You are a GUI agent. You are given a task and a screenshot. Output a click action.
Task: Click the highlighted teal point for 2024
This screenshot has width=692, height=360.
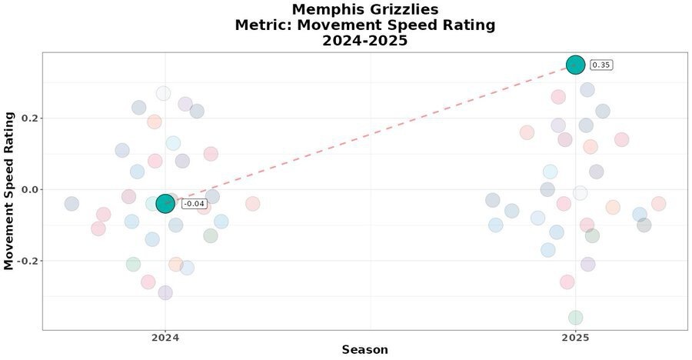[x=165, y=203]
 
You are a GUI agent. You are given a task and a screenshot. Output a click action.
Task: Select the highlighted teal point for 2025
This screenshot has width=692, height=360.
[x=575, y=65]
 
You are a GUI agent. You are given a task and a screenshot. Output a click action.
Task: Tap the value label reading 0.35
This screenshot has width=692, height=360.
[x=601, y=65]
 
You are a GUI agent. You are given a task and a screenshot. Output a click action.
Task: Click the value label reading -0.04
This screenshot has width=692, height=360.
[x=194, y=204]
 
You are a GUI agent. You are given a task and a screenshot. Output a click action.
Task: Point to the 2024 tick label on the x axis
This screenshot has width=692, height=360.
[x=165, y=337]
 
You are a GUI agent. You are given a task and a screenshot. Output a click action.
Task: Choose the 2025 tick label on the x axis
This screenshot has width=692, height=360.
[x=575, y=337]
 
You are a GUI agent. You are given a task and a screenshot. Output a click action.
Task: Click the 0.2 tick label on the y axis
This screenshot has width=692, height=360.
[x=28, y=118]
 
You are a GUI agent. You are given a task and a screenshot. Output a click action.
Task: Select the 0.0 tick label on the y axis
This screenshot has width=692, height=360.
[x=28, y=189]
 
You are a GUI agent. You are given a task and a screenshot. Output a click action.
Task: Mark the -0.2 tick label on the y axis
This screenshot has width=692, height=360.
[x=27, y=261]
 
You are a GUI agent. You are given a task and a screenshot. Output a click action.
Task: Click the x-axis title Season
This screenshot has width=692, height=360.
[x=364, y=350]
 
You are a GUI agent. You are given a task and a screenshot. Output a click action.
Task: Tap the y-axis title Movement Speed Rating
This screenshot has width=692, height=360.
[x=9, y=191]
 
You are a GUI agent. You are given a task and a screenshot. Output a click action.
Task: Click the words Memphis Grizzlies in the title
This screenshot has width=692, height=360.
[x=364, y=9]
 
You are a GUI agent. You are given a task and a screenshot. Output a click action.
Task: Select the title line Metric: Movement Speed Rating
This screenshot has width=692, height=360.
[x=364, y=25]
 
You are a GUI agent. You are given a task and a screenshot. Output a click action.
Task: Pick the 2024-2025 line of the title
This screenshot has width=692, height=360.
[x=364, y=41]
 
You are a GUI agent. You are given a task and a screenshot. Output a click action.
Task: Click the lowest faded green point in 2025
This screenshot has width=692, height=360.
[x=575, y=318]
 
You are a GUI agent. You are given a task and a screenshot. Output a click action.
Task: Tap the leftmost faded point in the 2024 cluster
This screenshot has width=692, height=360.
[x=72, y=204]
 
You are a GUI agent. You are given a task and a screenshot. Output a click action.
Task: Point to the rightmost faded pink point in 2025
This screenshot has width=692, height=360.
[x=658, y=204]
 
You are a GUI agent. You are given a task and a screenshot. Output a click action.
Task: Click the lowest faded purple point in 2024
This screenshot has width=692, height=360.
[x=165, y=293]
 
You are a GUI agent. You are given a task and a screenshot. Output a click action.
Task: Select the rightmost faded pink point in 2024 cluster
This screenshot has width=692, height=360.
[x=252, y=204]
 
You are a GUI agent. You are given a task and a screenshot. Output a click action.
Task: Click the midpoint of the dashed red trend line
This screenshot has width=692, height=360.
[x=371, y=134]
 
